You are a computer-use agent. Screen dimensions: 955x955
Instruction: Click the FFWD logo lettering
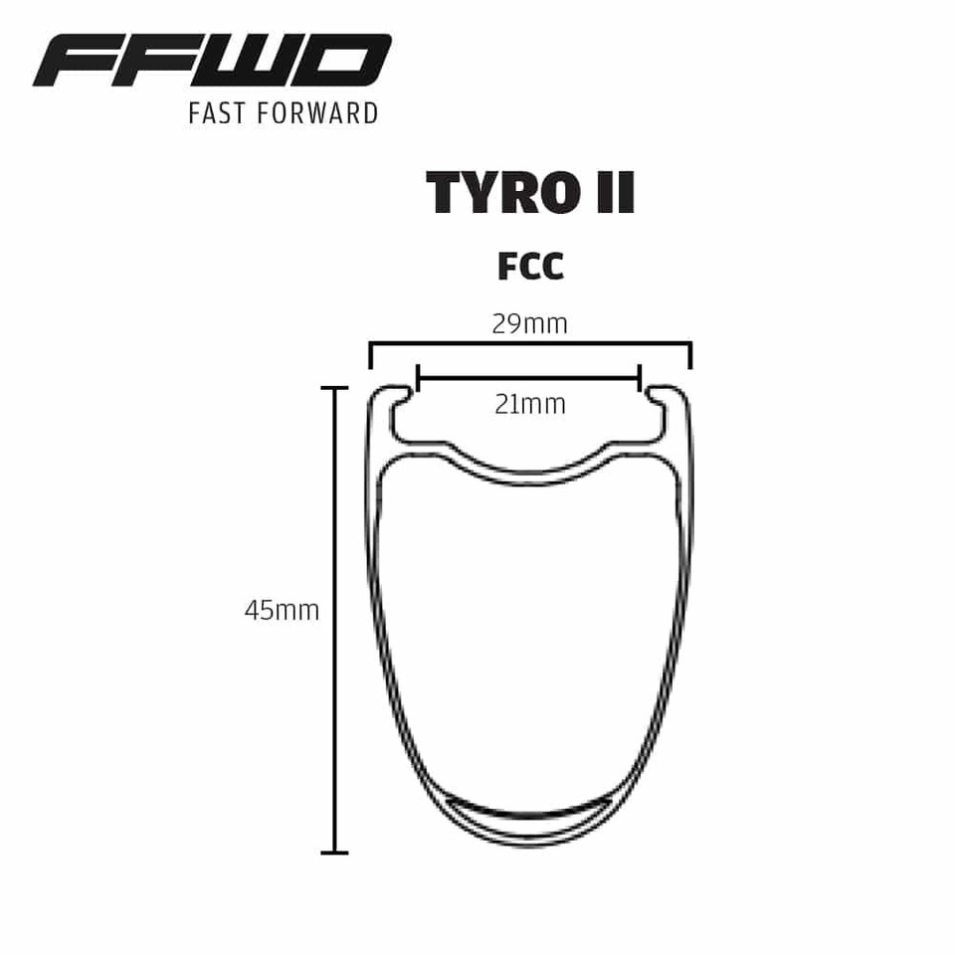211,62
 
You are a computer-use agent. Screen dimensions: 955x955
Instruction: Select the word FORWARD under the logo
317,112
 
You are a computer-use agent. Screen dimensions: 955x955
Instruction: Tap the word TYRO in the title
496,192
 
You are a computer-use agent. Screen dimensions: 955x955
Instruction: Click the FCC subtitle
529,267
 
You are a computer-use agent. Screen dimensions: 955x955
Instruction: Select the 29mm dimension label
529,324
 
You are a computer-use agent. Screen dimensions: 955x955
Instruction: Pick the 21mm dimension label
529,404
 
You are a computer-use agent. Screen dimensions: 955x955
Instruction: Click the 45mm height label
282,611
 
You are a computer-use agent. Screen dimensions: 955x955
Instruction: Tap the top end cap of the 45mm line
334,388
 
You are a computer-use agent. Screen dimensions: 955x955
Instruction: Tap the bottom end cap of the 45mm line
334,852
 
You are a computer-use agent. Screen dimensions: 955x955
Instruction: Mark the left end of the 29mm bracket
370,355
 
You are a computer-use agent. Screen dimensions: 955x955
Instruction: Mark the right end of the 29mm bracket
690,355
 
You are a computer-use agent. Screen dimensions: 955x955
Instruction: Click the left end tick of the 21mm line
419,378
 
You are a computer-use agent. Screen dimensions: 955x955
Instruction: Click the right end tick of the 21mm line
639,378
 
